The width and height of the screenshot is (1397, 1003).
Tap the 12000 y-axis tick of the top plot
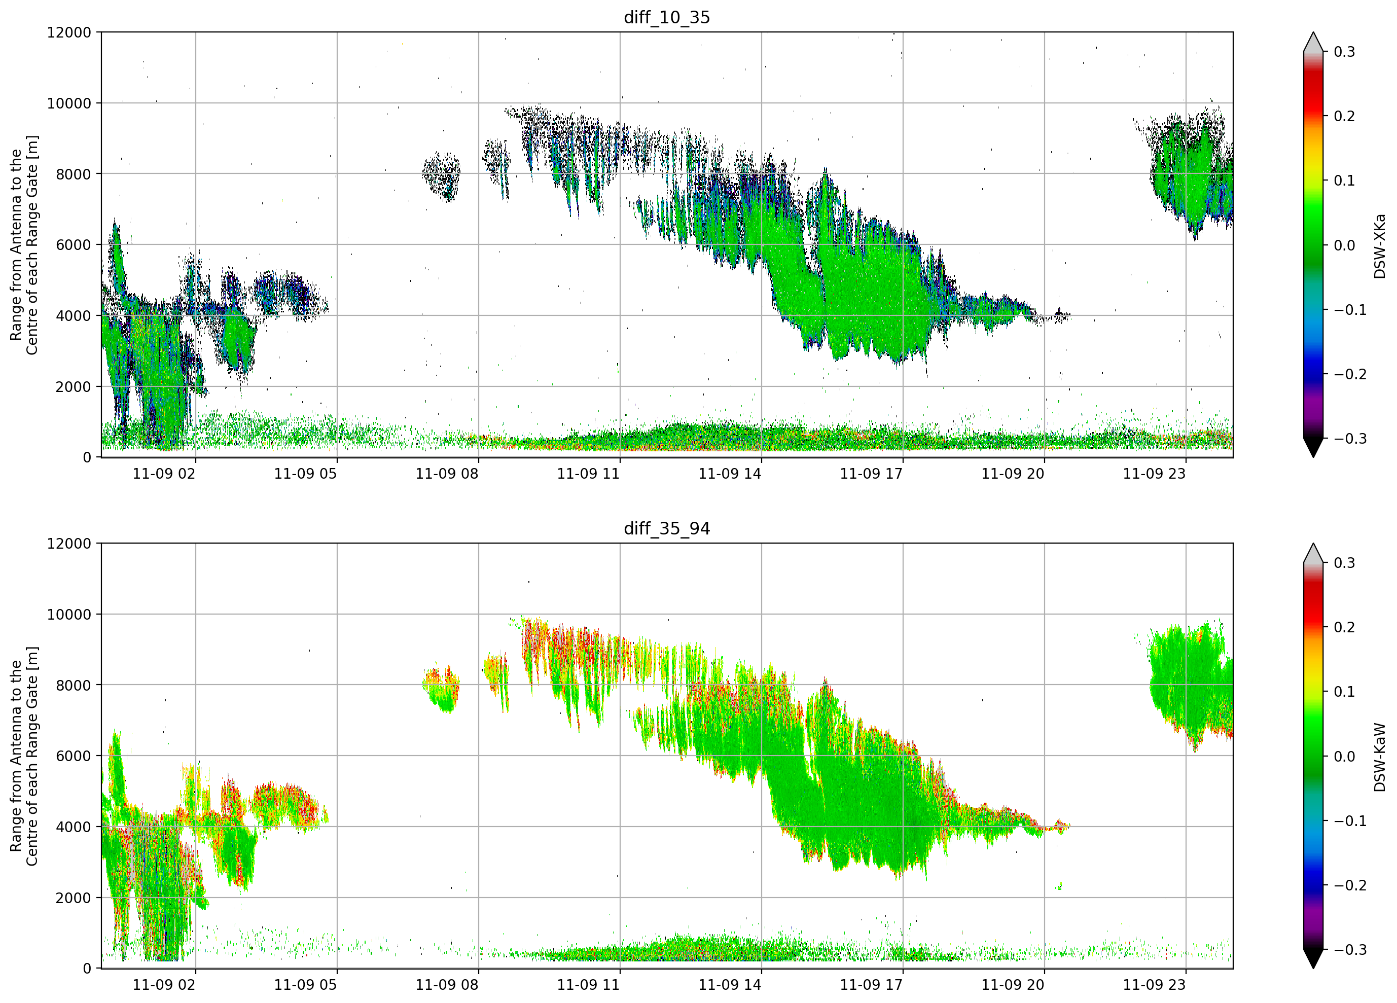pyautogui.click(x=69, y=32)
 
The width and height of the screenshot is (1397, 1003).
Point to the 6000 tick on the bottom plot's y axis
pyautogui.click(x=74, y=756)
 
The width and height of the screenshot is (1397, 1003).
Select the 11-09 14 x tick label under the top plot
pyautogui.click(x=729, y=474)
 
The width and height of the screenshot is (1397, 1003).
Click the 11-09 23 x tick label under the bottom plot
pyautogui.click(x=1154, y=985)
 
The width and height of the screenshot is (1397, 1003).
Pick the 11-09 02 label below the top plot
pyautogui.click(x=164, y=474)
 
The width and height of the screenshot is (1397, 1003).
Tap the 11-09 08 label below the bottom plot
pyautogui.click(x=447, y=985)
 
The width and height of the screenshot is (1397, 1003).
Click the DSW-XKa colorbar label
pyautogui.click(x=1379, y=246)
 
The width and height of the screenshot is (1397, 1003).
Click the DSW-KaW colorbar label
pyautogui.click(x=1379, y=757)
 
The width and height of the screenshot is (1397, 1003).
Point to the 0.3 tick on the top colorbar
pyautogui.click(x=1344, y=52)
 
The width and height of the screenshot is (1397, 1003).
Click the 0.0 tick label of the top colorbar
pyautogui.click(x=1344, y=245)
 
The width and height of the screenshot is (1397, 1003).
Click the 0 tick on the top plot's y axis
pyautogui.click(x=87, y=458)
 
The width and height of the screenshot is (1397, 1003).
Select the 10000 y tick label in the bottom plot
pyautogui.click(x=69, y=614)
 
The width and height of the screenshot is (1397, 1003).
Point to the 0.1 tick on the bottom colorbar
pyautogui.click(x=1344, y=692)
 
